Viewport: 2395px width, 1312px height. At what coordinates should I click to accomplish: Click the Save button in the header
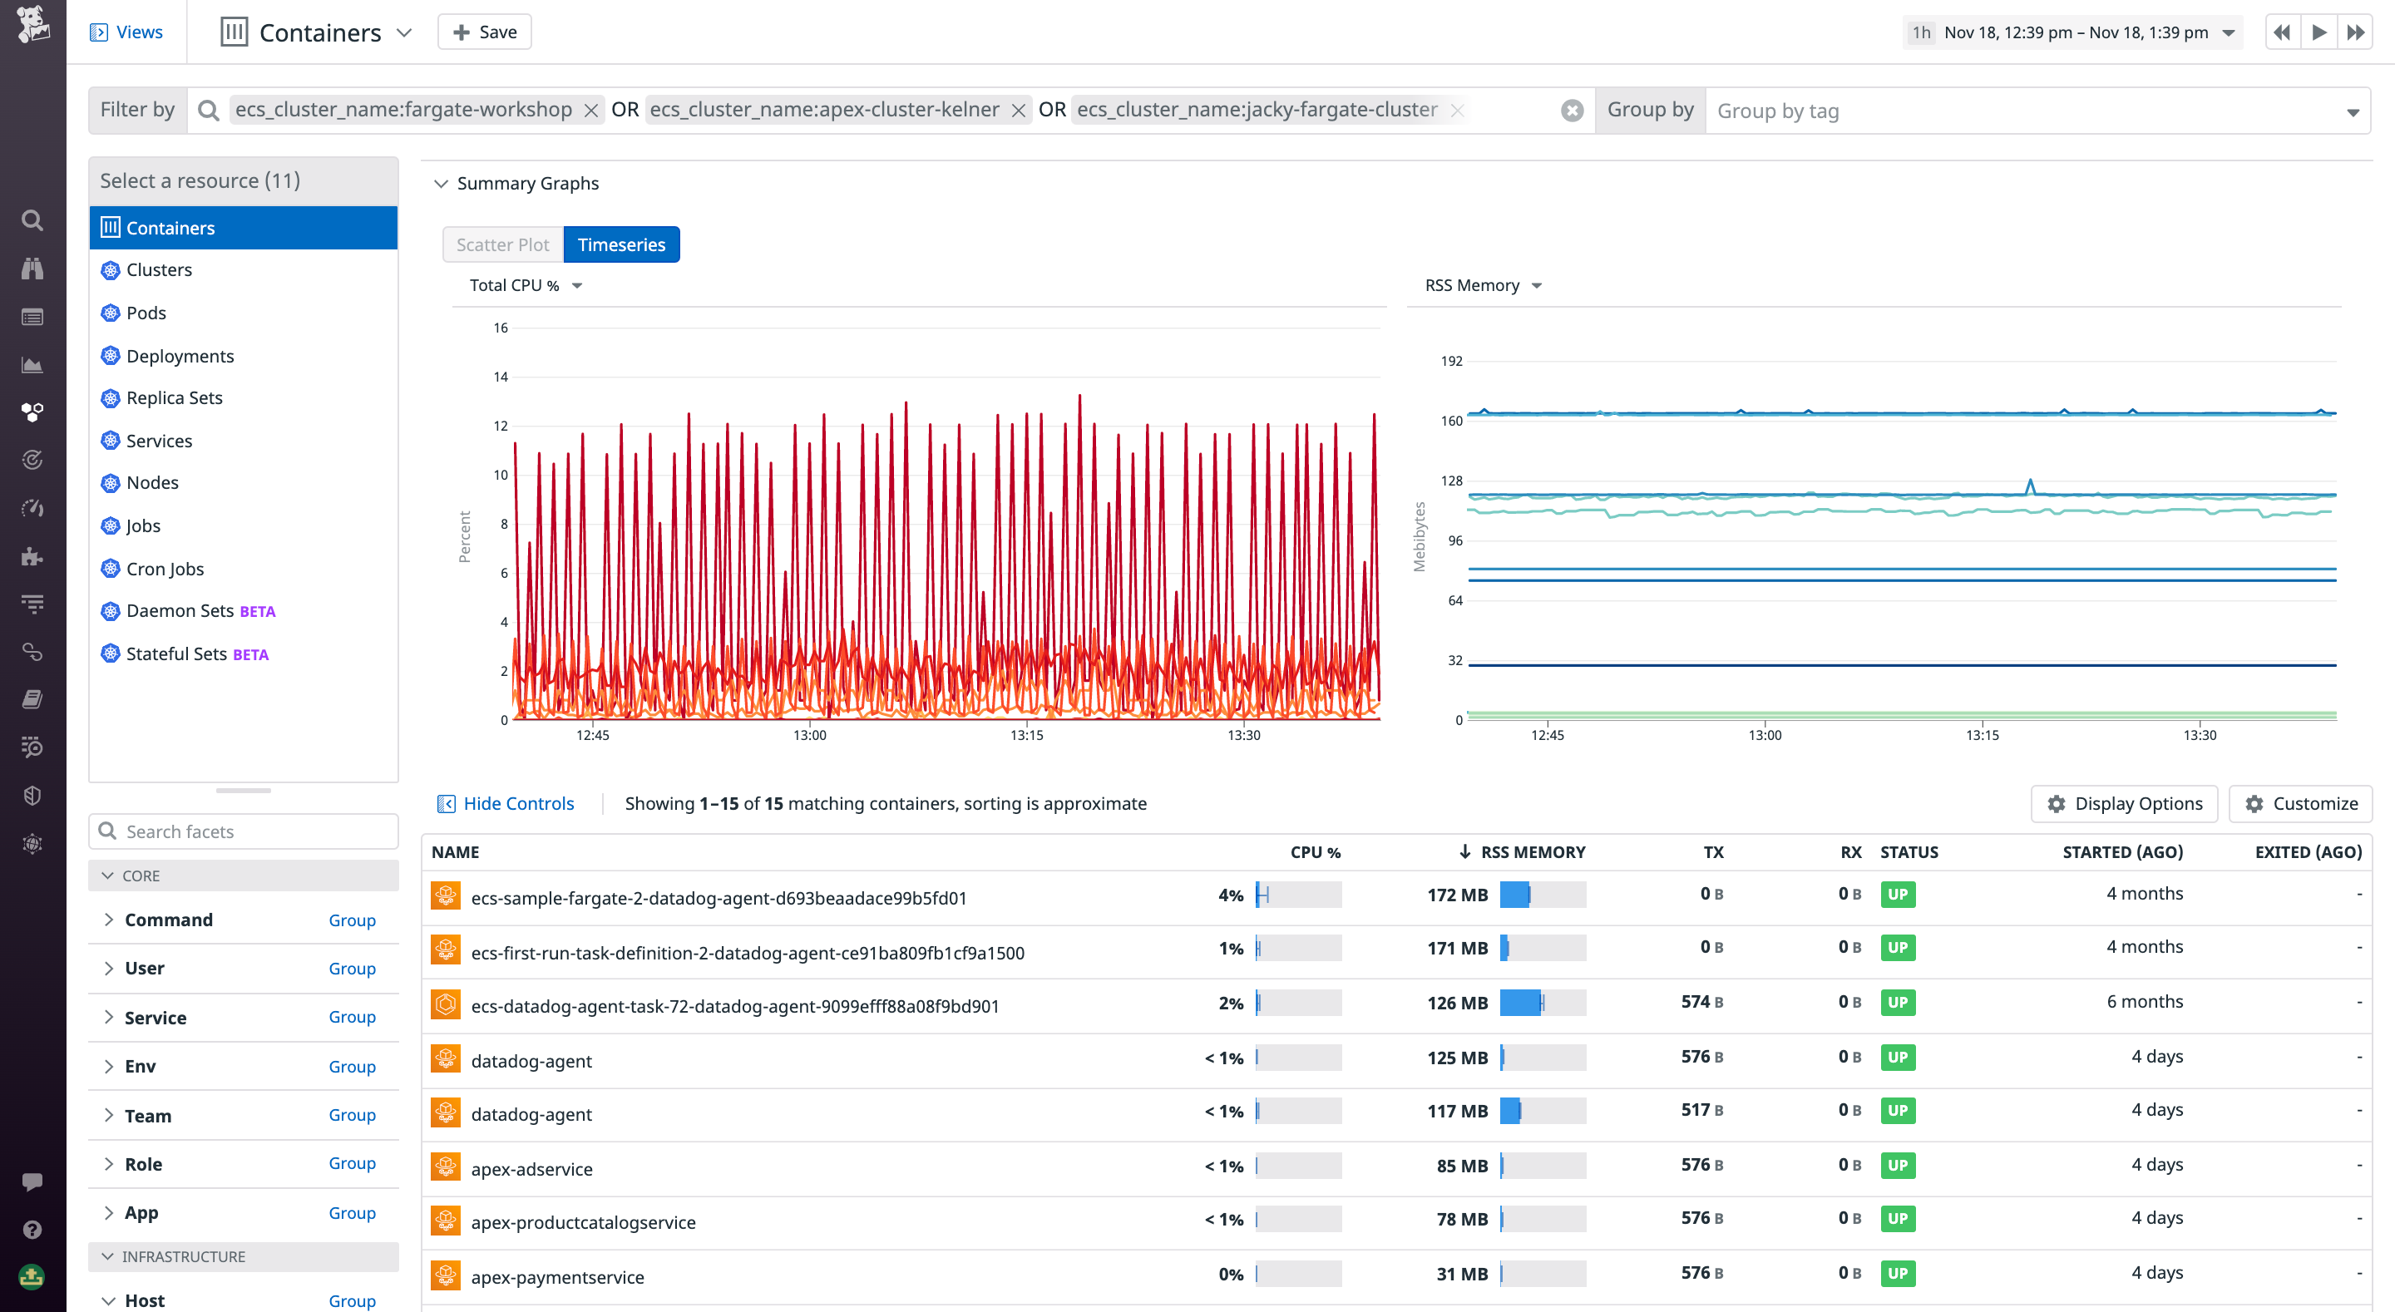tap(484, 32)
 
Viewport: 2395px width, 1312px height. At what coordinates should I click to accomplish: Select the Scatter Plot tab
tap(502, 244)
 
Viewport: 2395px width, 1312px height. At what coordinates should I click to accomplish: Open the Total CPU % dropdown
tap(526, 285)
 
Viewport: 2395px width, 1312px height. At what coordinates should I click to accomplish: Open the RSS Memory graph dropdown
tap(1483, 285)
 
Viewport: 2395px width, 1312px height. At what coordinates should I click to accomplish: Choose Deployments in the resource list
tap(180, 356)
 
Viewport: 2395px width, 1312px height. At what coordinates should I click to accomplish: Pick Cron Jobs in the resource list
tap(165, 569)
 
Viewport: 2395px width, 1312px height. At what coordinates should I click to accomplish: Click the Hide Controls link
tap(518, 803)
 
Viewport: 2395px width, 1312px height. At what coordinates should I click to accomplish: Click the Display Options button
tap(2125, 803)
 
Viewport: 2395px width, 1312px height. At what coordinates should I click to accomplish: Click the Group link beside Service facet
tap(352, 1017)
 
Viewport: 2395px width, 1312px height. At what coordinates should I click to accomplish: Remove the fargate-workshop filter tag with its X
tap(590, 111)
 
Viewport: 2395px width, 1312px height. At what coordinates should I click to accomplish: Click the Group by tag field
tap(2027, 111)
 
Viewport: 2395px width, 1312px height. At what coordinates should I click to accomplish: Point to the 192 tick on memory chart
tap(1450, 361)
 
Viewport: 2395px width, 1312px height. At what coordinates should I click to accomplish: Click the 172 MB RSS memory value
tap(1457, 895)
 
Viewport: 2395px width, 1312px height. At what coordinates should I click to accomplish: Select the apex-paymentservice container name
tap(557, 1277)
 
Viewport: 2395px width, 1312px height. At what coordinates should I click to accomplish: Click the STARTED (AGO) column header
tap(2121, 851)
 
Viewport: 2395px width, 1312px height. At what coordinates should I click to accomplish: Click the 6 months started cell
tap(2144, 1001)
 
